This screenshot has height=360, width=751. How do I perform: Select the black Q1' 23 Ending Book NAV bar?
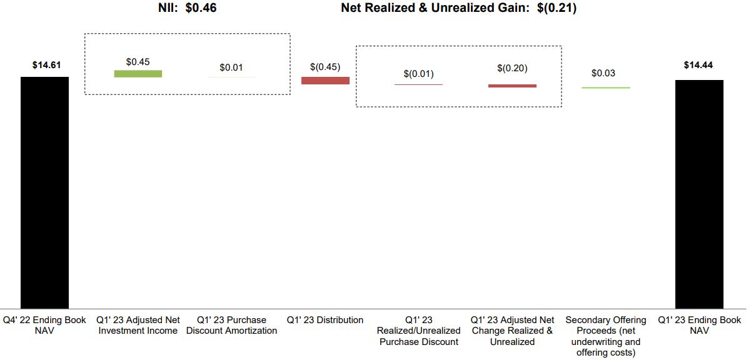coord(699,194)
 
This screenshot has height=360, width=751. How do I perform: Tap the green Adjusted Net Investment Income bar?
coord(138,74)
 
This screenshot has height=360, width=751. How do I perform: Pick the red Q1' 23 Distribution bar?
coord(325,81)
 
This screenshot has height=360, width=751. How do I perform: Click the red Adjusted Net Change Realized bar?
coord(512,86)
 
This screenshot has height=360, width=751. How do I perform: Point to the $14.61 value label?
coord(46,65)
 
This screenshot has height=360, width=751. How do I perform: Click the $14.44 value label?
coord(698,65)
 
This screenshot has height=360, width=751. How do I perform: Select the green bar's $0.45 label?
coord(138,62)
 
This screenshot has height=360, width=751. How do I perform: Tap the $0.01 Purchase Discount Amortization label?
coord(231,67)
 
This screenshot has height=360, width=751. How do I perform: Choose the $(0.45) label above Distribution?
coord(325,67)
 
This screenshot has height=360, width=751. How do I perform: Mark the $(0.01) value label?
coord(418,74)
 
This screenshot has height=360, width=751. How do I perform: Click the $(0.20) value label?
coord(512,68)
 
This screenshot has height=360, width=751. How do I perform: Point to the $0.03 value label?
coord(603,73)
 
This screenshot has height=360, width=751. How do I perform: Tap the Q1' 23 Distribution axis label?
coord(325,320)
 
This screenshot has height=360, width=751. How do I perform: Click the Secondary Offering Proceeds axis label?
coord(605,336)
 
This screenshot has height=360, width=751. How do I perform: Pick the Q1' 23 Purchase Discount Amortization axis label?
coord(231,325)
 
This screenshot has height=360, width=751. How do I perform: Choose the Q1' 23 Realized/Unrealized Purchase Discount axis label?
coord(418,331)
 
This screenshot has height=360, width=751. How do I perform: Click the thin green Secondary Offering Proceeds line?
coord(605,87)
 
